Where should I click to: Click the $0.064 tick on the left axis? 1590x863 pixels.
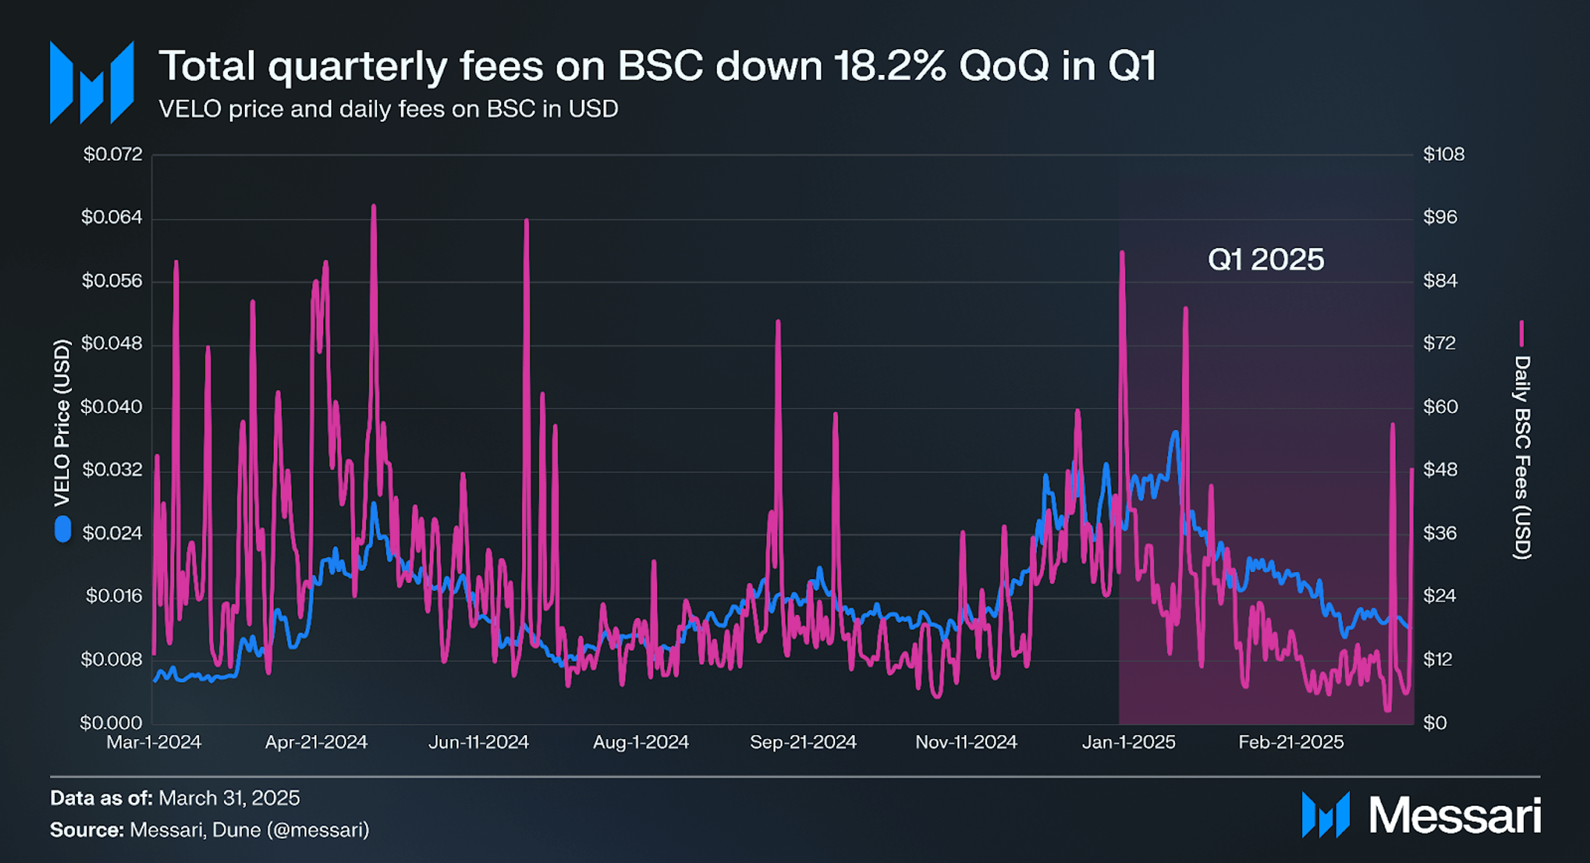click(x=111, y=218)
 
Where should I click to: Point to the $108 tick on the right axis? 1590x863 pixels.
click(x=1443, y=154)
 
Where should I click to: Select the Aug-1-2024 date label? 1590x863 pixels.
click(x=641, y=742)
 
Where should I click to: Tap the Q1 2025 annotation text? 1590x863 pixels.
click(x=1266, y=260)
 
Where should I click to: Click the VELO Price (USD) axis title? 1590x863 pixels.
click(x=62, y=423)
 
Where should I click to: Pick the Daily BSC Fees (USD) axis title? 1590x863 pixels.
click(x=1522, y=457)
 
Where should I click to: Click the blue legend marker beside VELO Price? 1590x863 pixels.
click(x=63, y=530)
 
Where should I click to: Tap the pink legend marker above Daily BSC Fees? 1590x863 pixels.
click(x=1522, y=333)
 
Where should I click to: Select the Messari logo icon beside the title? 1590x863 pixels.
click(x=91, y=82)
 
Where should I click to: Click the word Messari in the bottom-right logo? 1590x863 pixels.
click(x=1454, y=815)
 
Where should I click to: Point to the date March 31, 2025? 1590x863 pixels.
click(x=229, y=798)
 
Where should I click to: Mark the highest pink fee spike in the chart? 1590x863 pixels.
click(x=373, y=207)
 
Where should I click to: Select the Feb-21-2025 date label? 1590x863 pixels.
click(x=1291, y=742)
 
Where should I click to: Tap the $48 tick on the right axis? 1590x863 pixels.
click(x=1440, y=470)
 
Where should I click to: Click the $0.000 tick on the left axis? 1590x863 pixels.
click(x=111, y=723)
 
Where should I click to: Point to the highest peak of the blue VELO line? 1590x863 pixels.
click(x=1175, y=433)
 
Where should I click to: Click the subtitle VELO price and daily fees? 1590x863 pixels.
click(x=388, y=109)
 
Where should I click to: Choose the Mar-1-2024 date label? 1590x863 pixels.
click(x=154, y=742)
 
